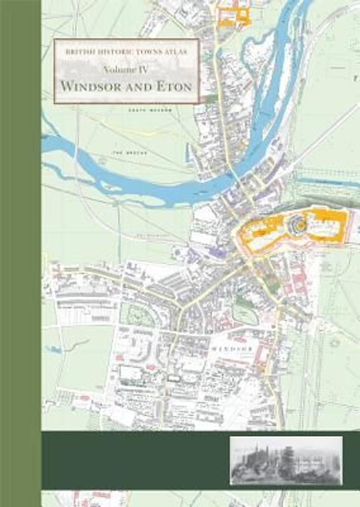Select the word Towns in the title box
click(x=140, y=49)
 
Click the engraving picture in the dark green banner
click(x=286, y=461)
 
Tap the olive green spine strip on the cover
click(x=20, y=253)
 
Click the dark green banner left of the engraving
click(x=133, y=461)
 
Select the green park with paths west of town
click(x=137, y=314)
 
